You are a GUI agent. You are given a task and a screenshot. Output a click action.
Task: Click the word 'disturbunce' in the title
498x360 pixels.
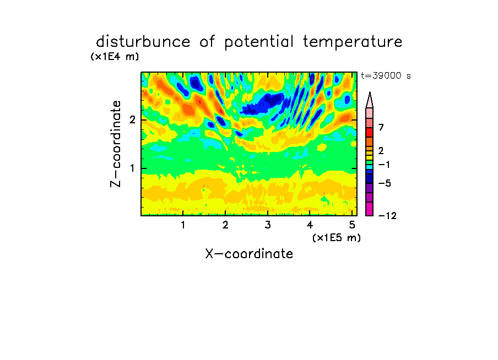click(x=143, y=42)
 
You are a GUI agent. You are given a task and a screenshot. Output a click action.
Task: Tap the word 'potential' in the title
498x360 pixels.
click(x=259, y=42)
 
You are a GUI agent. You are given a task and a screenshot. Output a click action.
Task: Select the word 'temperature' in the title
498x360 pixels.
click(x=353, y=42)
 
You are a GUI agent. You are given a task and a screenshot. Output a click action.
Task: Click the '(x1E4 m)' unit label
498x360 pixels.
click(x=115, y=57)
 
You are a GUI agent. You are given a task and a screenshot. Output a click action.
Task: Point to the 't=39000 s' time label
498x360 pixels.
click(x=386, y=75)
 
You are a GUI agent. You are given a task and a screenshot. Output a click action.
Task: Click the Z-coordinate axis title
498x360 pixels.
click(x=116, y=144)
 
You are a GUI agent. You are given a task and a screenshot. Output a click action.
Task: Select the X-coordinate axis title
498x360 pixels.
click(x=249, y=254)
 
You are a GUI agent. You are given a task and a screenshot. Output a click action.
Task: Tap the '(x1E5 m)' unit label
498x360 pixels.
click(x=337, y=237)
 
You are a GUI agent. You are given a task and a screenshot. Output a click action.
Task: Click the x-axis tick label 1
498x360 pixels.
click(x=183, y=225)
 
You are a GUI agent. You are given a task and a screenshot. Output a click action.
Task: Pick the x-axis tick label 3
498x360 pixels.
click(x=268, y=225)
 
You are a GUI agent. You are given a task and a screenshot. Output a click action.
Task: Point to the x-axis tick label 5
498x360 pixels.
click(x=352, y=225)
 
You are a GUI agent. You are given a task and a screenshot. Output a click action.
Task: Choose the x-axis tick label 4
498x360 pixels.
click(x=310, y=225)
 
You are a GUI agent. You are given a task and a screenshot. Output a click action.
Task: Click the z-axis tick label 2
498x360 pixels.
click(x=132, y=120)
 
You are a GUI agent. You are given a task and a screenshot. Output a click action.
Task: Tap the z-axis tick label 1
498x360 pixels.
click(x=132, y=168)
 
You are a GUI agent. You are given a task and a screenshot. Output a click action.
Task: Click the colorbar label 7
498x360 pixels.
click(x=381, y=127)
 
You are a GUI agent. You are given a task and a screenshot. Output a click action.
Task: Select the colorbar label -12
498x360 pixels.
click(x=387, y=216)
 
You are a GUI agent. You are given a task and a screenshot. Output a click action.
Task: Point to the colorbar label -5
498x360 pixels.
click(x=385, y=183)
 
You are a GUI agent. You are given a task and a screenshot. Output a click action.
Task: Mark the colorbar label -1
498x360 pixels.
click(x=385, y=165)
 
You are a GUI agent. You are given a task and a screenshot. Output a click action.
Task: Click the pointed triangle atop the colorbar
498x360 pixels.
click(x=370, y=100)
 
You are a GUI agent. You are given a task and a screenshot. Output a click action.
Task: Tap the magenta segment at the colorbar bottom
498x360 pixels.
click(x=370, y=209)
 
